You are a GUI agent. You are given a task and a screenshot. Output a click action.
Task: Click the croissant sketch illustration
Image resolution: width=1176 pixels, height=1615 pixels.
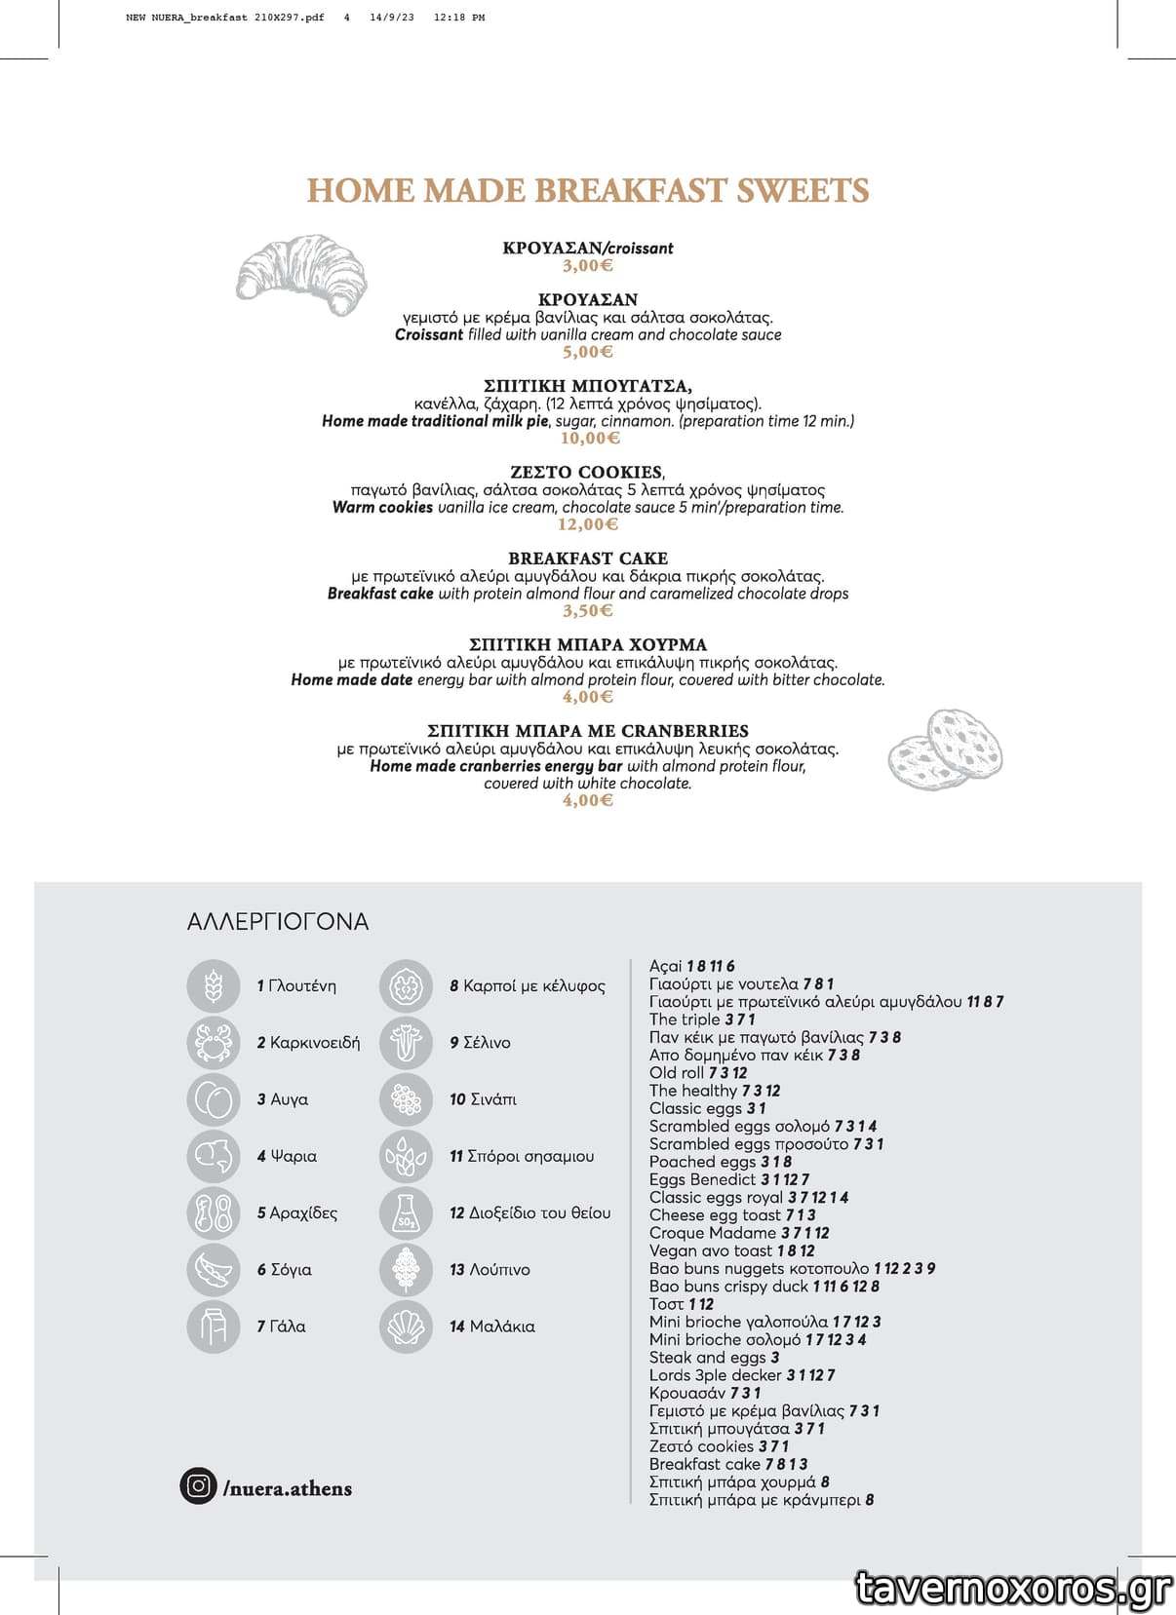301,274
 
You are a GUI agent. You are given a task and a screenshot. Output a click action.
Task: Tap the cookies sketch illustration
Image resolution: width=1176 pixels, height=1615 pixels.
945,749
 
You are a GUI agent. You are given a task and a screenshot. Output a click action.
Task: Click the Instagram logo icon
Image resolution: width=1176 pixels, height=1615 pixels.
198,1485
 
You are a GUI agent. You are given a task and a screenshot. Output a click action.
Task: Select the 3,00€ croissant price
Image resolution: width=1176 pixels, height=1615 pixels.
587,265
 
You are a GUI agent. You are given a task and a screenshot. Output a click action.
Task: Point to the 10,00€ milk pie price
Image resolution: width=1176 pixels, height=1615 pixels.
589,438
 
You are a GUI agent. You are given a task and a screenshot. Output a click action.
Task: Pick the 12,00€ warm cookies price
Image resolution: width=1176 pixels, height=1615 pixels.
588,524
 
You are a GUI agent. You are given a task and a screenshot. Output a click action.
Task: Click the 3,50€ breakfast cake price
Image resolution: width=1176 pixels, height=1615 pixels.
587,610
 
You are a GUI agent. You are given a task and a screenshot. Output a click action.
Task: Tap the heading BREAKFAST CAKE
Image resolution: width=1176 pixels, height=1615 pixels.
587,558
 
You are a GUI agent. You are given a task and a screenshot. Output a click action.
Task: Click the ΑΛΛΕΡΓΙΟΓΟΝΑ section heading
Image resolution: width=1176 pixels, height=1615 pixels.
278,922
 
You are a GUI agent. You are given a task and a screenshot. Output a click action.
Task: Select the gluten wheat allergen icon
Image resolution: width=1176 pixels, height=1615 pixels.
213,986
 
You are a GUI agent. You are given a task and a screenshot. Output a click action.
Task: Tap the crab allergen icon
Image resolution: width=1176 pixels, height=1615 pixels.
213,1043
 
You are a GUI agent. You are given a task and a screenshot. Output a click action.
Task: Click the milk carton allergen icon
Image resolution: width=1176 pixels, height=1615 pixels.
213,1327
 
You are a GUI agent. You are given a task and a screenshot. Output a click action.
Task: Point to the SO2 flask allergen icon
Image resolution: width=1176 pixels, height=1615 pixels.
406,1212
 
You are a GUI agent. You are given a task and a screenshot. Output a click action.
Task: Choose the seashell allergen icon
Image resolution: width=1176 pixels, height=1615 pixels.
406,1327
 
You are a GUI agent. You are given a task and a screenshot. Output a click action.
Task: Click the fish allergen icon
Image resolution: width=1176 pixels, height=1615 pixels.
213,1156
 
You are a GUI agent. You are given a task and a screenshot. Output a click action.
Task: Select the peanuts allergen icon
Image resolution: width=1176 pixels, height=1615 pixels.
213,1212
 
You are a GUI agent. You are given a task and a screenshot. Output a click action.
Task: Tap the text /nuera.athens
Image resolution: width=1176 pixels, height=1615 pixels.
288,1488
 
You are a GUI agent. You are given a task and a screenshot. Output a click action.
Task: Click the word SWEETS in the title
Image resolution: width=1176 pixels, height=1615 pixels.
803,191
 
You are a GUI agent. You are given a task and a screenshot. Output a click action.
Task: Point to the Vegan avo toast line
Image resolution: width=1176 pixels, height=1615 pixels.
731,1250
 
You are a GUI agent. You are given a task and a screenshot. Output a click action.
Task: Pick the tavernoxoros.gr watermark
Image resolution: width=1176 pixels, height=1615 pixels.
1013,1588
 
